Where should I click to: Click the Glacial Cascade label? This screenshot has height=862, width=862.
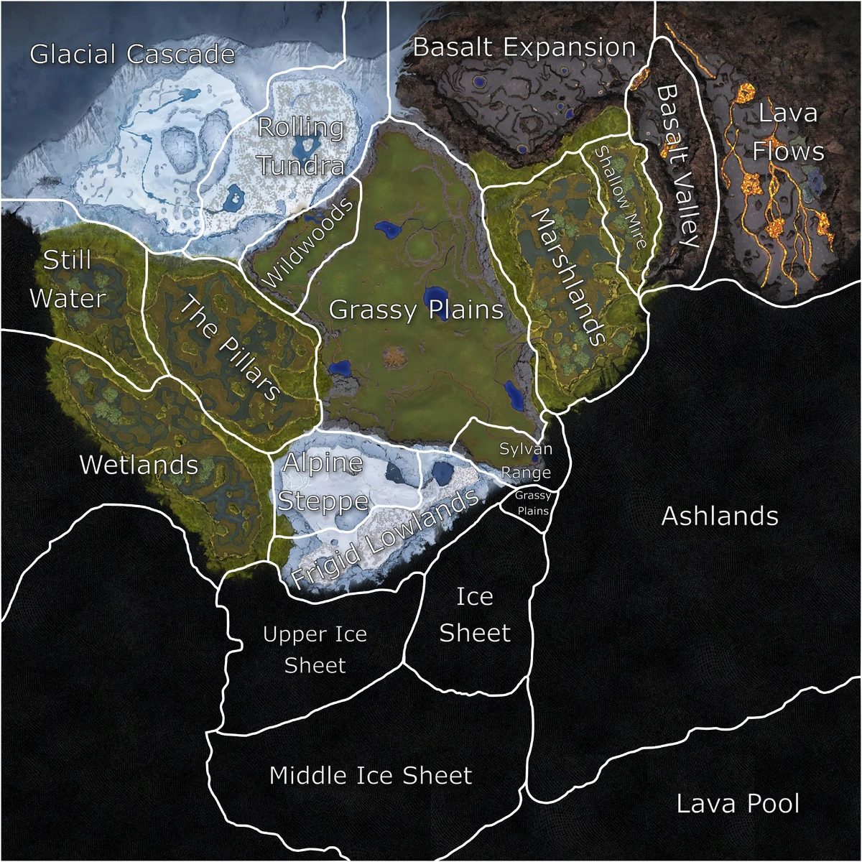(133, 55)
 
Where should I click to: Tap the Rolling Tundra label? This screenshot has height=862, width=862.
(301, 147)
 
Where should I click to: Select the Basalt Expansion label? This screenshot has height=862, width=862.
(524, 48)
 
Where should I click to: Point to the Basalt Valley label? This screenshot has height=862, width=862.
(677, 166)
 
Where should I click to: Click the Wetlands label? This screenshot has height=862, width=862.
(139, 465)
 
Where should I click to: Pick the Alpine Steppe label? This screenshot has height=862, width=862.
(323, 482)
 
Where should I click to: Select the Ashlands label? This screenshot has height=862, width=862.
(720, 516)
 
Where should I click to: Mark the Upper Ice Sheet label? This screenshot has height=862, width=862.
(315, 649)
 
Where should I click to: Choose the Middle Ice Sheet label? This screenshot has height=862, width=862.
(371, 776)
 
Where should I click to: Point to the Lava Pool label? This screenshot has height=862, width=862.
(738, 804)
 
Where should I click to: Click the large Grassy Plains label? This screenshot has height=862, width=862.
(416, 310)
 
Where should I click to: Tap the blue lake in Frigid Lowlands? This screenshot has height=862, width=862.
(441, 472)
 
